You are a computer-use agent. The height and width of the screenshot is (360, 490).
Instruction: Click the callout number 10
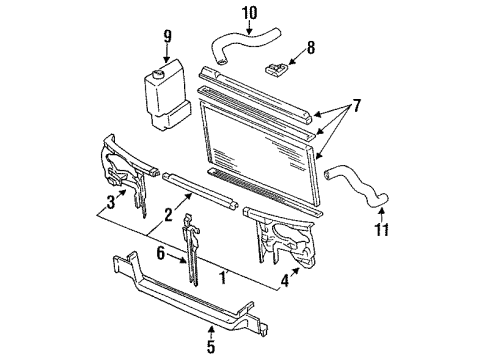250,13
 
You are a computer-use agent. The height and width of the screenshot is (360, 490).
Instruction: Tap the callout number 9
167,36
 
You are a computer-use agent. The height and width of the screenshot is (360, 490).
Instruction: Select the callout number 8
310,48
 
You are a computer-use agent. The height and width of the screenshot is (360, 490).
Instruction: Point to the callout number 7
357,106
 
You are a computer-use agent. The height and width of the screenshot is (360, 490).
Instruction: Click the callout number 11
381,230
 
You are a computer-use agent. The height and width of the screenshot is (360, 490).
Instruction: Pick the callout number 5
210,347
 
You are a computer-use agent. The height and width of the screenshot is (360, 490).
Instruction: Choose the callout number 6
161,254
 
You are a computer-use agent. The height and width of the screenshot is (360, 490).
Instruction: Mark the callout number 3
111,202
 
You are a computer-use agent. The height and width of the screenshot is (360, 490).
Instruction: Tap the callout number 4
284,281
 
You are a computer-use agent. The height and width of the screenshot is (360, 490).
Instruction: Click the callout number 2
168,215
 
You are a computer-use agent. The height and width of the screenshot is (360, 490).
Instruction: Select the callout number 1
223,278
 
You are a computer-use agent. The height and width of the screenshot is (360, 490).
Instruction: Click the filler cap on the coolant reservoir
157,73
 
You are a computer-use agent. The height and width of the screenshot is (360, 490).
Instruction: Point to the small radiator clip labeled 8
276,69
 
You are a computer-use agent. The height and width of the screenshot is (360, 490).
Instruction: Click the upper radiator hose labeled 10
245,42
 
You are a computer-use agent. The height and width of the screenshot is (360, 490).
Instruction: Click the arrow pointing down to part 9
167,53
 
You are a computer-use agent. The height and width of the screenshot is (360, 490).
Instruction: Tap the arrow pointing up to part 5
211,332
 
